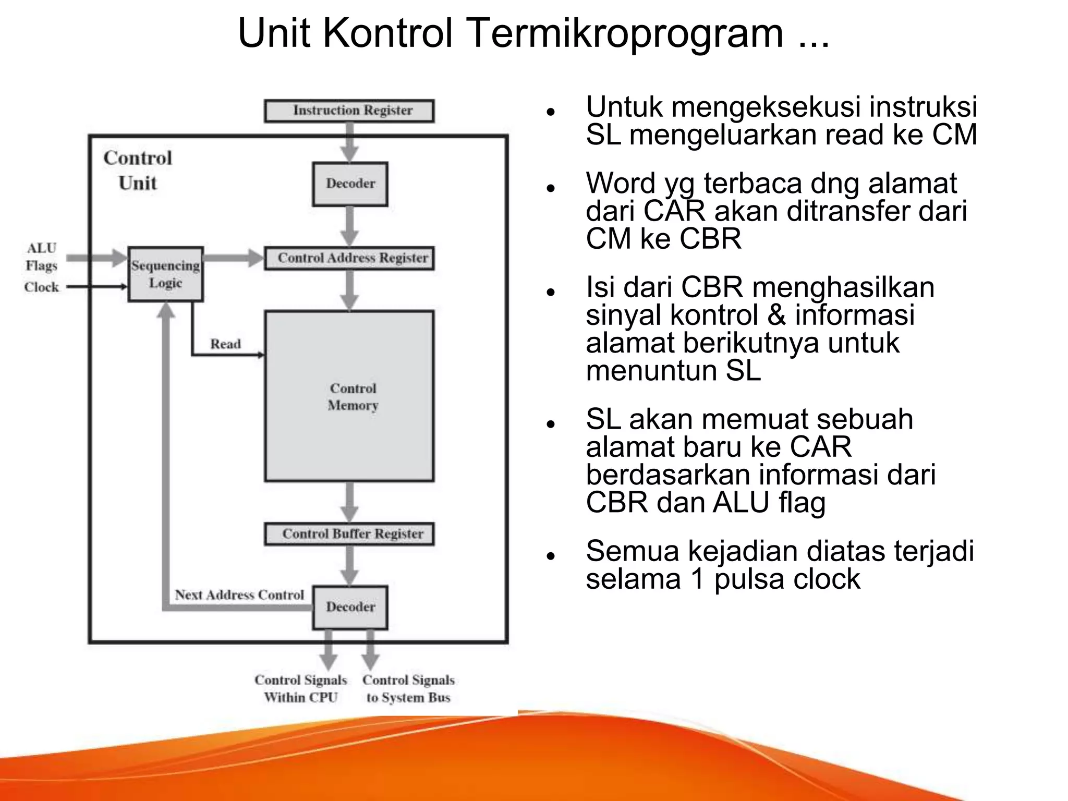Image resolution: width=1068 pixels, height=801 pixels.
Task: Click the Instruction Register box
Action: (x=349, y=111)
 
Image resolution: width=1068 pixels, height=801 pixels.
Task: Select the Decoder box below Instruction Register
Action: (x=350, y=184)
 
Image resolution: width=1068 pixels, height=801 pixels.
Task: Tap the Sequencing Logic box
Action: (x=165, y=274)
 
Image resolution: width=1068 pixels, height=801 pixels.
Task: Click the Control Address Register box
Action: (x=349, y=258)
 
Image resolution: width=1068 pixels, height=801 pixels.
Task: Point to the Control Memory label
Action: (x=353, y=397)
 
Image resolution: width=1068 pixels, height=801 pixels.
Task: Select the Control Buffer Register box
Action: (x=349, y=534)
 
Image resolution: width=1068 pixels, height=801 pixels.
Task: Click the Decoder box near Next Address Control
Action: (x=350, y=607)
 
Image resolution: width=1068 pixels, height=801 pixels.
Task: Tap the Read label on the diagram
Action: (x=225, y=344)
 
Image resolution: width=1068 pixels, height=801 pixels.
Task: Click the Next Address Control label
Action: (x=239, y=595)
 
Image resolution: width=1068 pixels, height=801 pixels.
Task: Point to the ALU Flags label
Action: (x=41, y=257)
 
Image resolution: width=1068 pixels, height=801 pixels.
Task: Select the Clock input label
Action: (x=41, y=287)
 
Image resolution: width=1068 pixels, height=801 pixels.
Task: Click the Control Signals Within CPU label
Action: (x=300, y=688)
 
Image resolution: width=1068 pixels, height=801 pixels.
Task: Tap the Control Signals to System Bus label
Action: (x=408, y=688)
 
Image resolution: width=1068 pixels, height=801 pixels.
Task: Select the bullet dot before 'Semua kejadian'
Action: (x=550, y=556)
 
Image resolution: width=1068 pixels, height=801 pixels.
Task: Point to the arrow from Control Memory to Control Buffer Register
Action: (x=349, y=502)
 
